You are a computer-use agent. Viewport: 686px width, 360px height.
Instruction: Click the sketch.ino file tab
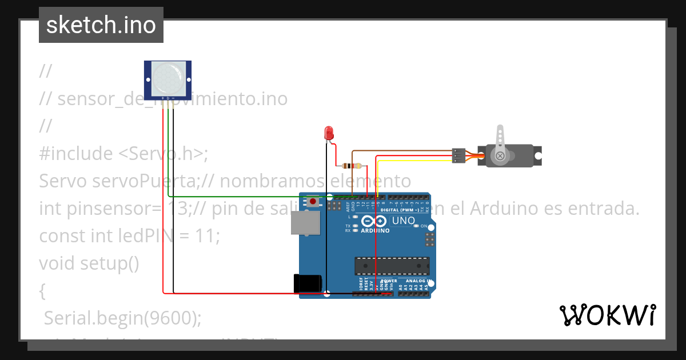tap(101, 25)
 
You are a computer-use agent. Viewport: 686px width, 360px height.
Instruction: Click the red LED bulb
tap(329, 134)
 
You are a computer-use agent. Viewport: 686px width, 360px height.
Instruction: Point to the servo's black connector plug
tap(458, 155)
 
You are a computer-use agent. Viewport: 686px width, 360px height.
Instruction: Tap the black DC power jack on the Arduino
tap(308, 284)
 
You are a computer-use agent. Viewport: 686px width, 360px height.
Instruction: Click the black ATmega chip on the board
tap(392, 266)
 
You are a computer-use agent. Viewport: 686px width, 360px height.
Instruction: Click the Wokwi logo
tap(607, 315)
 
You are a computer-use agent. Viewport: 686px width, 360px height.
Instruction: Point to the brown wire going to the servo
tap(400, 151)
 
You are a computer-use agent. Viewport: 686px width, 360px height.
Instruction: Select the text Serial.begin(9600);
tap(123, 318)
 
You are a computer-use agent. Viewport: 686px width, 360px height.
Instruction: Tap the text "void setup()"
tap(89, 263)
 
